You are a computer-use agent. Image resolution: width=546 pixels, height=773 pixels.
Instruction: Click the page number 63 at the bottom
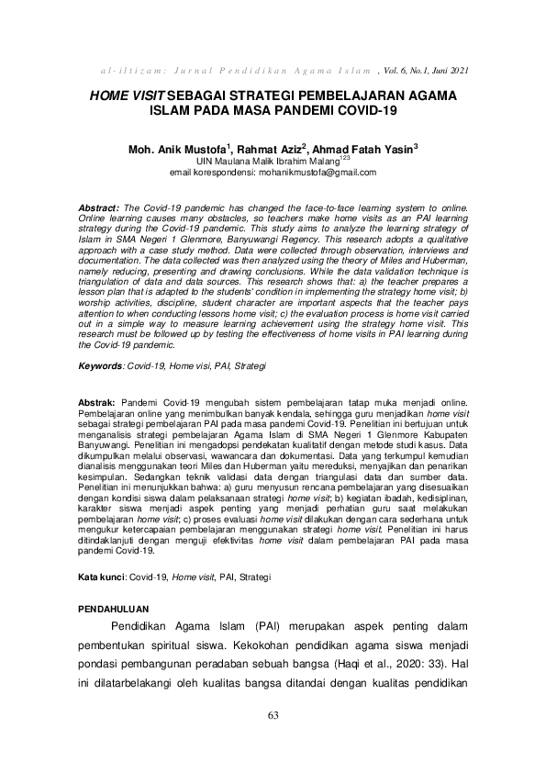273,716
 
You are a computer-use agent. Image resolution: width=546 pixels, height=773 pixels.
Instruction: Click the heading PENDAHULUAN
113,608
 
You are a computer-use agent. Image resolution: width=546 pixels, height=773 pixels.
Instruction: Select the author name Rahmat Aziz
274,149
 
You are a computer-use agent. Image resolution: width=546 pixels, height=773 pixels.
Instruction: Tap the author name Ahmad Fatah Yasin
366,149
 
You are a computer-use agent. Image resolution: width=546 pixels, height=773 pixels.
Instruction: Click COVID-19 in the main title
363,110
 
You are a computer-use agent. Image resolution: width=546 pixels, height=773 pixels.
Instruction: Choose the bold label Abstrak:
96,403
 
